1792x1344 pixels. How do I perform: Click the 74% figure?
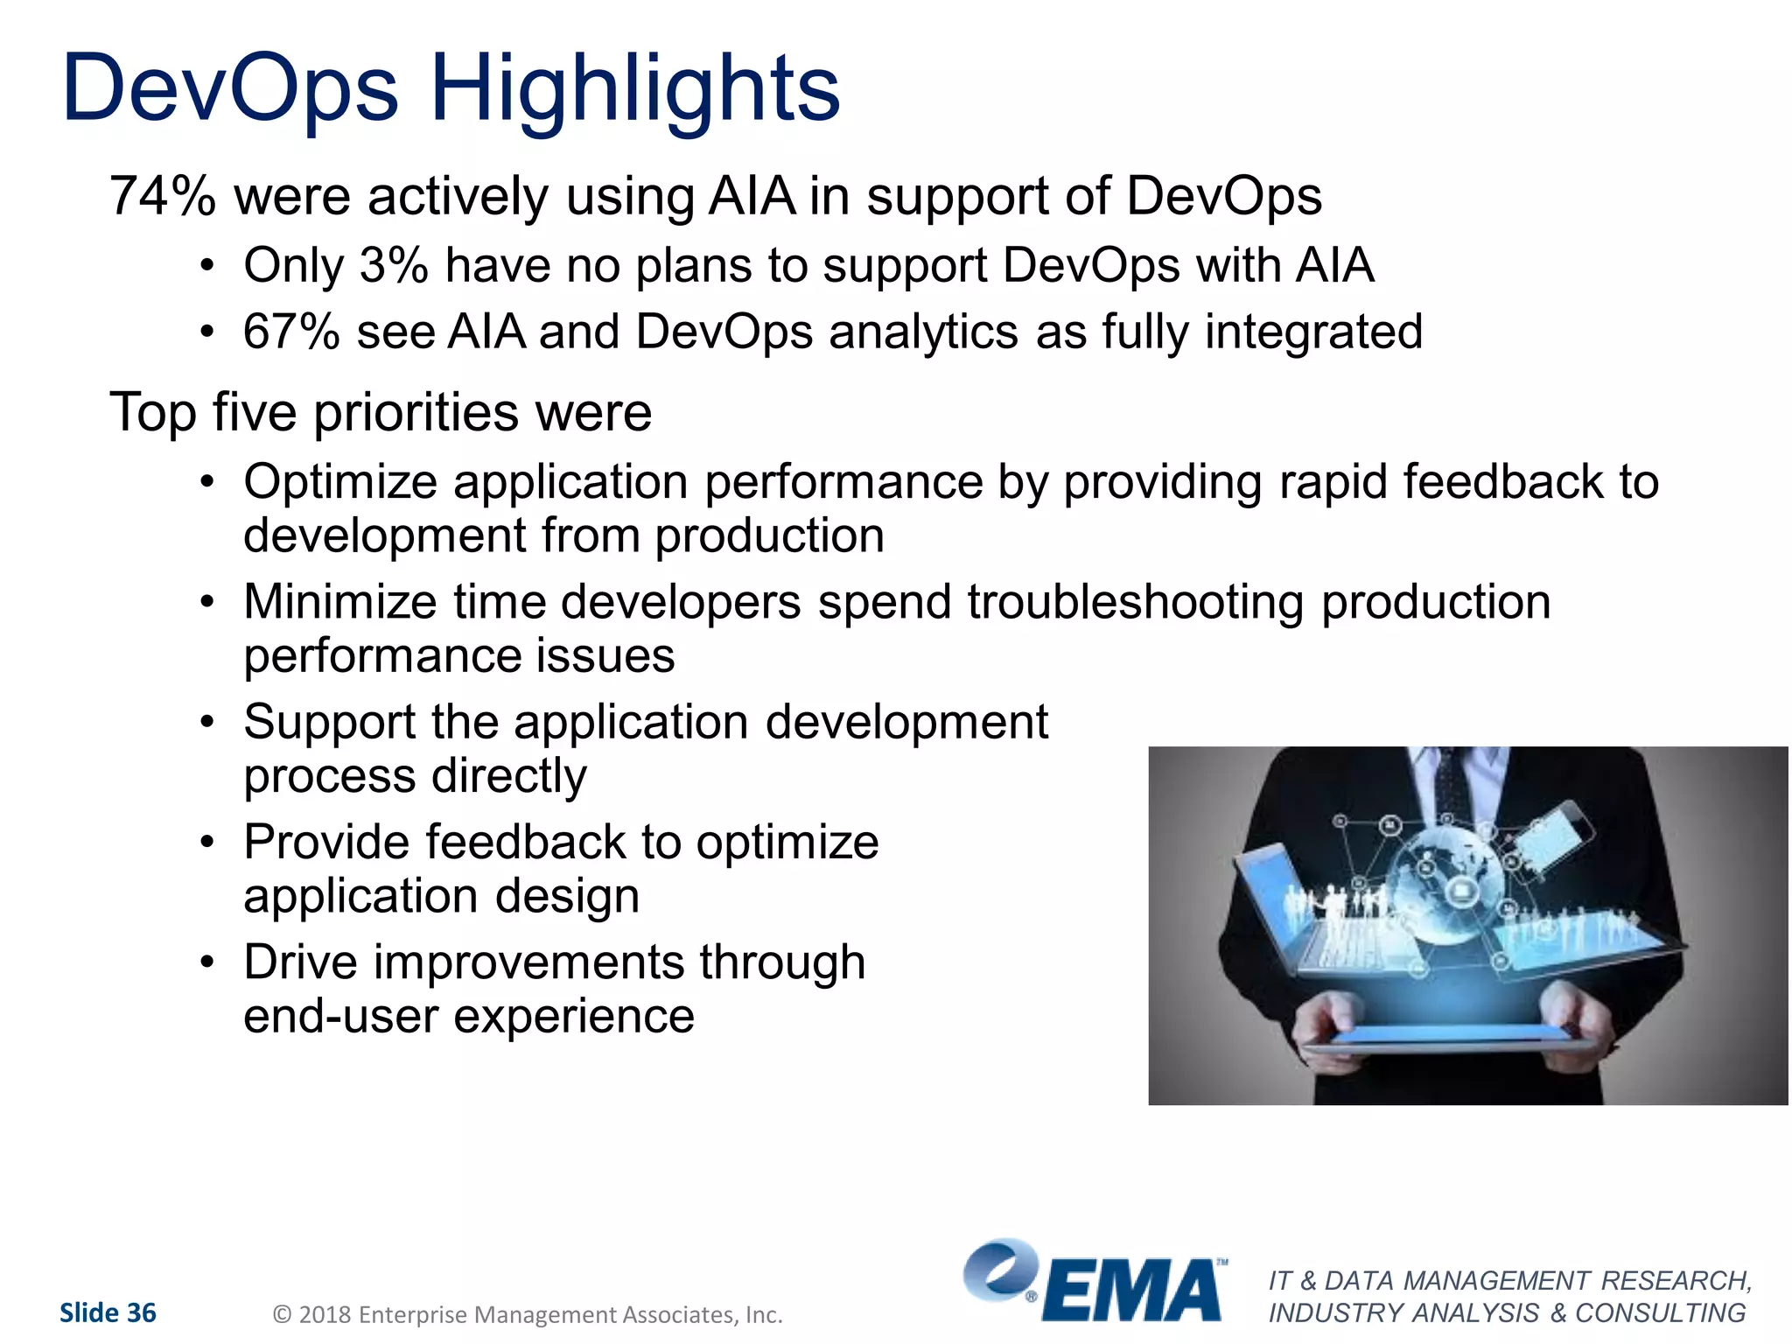tap(162, 196)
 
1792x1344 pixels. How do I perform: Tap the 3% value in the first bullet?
tap(394, 265)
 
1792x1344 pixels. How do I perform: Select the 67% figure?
tap(291, 332)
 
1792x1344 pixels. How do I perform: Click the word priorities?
tap(416, 413)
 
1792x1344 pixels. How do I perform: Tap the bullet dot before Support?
tap(206, 723)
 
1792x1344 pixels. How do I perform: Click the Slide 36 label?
tap(108, 1312)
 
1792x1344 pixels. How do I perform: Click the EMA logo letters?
tap(1132, 1290)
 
